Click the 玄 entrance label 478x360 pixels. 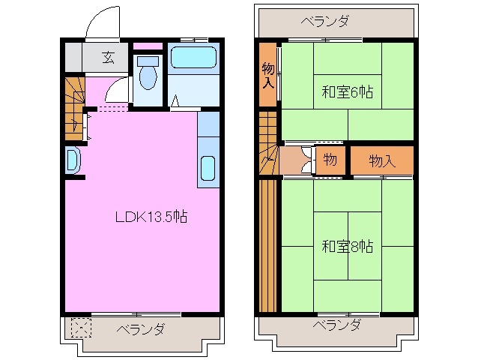click(x=109, y=57)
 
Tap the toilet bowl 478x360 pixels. click(x=148, y=74)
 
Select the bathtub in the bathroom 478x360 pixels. click(x=193, y=58)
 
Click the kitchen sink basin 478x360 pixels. click(x=208, y=172)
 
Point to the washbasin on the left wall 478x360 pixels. click(x=72, y=160)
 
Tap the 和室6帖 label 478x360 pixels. click(x=347, y=92)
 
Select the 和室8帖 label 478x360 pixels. click(x=347, y=246)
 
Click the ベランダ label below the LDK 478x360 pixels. click(x=140, y=330)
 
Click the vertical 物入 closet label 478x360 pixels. click(x=267, y=76)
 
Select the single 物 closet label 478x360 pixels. click(x=330, y=160)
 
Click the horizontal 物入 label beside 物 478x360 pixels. click(x=381, y=160)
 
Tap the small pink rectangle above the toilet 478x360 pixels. click(x=148, y=46)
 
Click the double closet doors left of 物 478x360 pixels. click(x=306, y=160)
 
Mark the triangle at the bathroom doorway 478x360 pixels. click(x=175, y=100)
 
